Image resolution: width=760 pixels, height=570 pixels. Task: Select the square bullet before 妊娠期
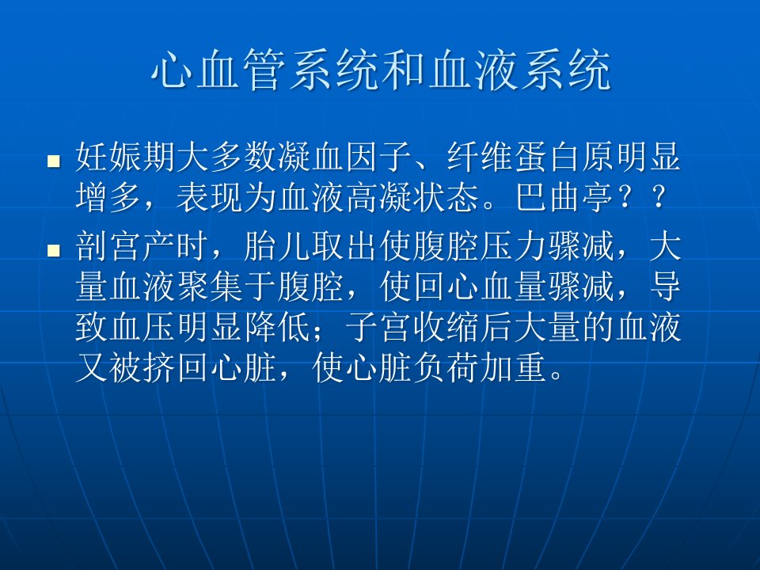(x=53, y=161)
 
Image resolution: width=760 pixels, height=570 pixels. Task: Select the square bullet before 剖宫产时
(x=53, y=249)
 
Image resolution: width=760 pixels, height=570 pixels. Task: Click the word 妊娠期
(x=126, y=157)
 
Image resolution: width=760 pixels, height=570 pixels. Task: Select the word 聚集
(x=211, y=287)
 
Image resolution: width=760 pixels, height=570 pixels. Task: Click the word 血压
(x=143, y=327)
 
